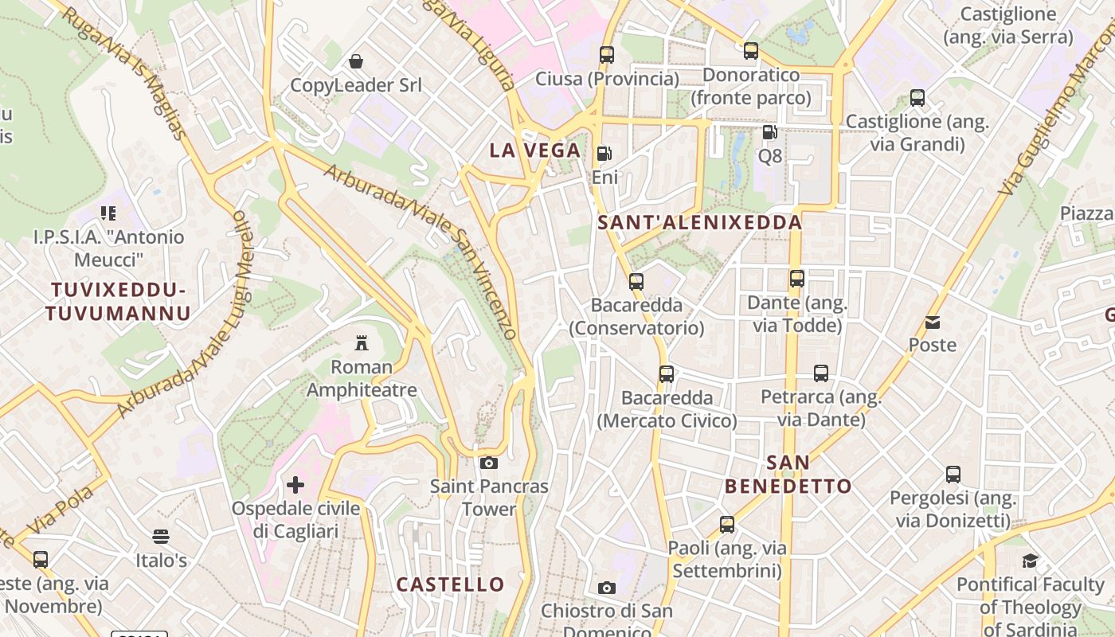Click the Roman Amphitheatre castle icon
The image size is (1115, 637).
click(362, 343)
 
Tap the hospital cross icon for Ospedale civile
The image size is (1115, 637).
click(295, 484)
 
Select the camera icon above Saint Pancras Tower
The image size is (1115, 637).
click(489, 463)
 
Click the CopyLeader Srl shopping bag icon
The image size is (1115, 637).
click(355, 61)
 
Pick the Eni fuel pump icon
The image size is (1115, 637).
click(604, 154)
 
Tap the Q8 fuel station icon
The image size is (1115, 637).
click(769, 132)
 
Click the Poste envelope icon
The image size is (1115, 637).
click(933, 322)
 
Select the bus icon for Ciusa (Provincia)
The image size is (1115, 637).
click(607, 55)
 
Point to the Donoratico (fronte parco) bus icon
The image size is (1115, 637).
click(750, 51)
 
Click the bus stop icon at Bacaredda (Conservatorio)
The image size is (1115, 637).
click(636, 281)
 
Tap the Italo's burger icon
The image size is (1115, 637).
click(161, 537)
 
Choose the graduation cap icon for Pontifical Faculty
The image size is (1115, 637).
click(1030, 561)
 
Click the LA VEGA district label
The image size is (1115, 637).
click(535, 150)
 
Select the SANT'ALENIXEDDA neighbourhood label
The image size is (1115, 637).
click(699, 223)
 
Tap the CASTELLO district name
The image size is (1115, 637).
click(451, 584)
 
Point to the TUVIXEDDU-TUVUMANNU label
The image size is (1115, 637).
click(118, 301)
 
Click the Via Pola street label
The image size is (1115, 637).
click(64, 509)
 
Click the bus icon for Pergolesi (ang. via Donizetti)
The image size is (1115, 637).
click(953, 475)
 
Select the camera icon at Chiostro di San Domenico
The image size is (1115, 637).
click(607, 588)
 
